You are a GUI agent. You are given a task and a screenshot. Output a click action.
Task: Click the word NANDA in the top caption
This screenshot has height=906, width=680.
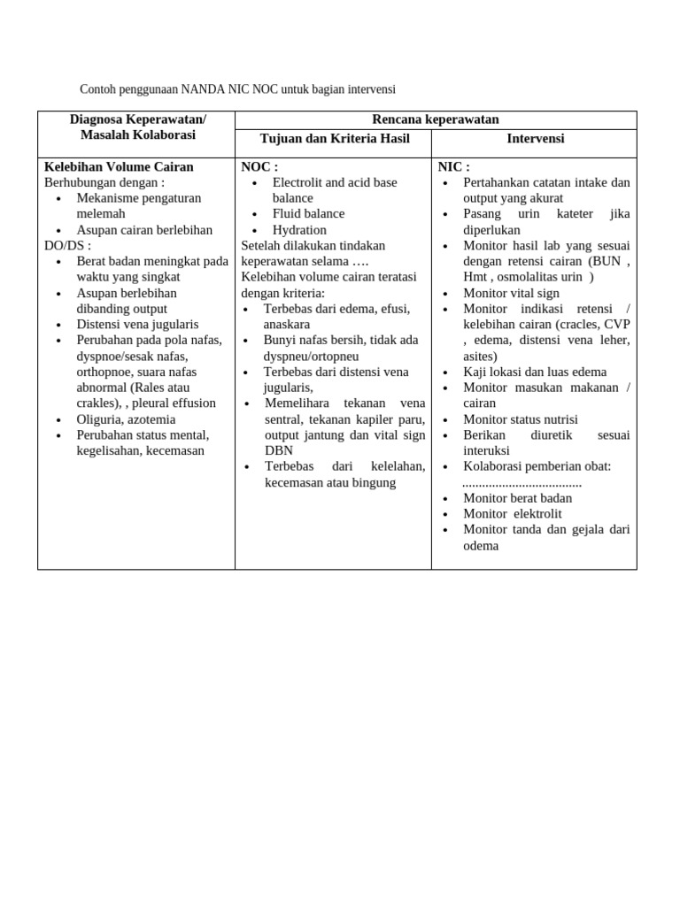(204, 89)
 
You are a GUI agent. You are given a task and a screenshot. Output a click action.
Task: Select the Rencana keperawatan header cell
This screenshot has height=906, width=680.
(436, 119)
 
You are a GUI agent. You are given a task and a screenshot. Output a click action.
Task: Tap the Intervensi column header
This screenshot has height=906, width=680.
(535, 139)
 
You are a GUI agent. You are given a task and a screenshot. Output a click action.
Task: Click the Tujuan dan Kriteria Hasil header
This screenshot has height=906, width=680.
(333, 139)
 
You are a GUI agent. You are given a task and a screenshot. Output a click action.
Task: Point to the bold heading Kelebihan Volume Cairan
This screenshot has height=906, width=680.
(119, 166)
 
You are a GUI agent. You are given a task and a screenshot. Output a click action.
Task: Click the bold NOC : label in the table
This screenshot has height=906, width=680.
(259, 166)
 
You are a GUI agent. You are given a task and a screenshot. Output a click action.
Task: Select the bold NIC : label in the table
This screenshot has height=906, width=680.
(454, 166)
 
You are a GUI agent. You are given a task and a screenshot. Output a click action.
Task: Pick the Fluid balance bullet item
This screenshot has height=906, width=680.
(308, 213)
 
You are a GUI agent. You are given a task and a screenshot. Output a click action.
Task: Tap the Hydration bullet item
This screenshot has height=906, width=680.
(299, 229)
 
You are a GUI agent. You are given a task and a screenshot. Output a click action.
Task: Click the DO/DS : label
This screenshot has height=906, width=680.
(67, 245)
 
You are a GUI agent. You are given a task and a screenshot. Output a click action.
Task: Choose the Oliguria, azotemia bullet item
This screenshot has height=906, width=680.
(126, 419)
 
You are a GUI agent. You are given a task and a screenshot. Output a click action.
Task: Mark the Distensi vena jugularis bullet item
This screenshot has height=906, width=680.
(137, 324)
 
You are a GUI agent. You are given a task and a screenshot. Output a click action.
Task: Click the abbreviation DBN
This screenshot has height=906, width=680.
(279, 450)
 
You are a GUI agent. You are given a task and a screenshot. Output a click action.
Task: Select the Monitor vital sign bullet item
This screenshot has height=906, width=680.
(511, 293)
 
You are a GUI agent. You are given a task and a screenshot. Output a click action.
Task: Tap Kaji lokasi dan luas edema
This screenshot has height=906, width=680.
(535, 372)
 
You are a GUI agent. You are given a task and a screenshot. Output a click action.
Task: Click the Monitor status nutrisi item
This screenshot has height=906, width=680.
(520, 419)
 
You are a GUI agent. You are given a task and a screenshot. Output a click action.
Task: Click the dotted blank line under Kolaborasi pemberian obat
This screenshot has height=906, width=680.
(522, 483)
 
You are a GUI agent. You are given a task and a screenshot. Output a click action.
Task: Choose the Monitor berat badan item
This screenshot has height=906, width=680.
(517, 498)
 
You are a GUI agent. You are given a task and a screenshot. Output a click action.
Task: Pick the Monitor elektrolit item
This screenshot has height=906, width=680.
(512, 514)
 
